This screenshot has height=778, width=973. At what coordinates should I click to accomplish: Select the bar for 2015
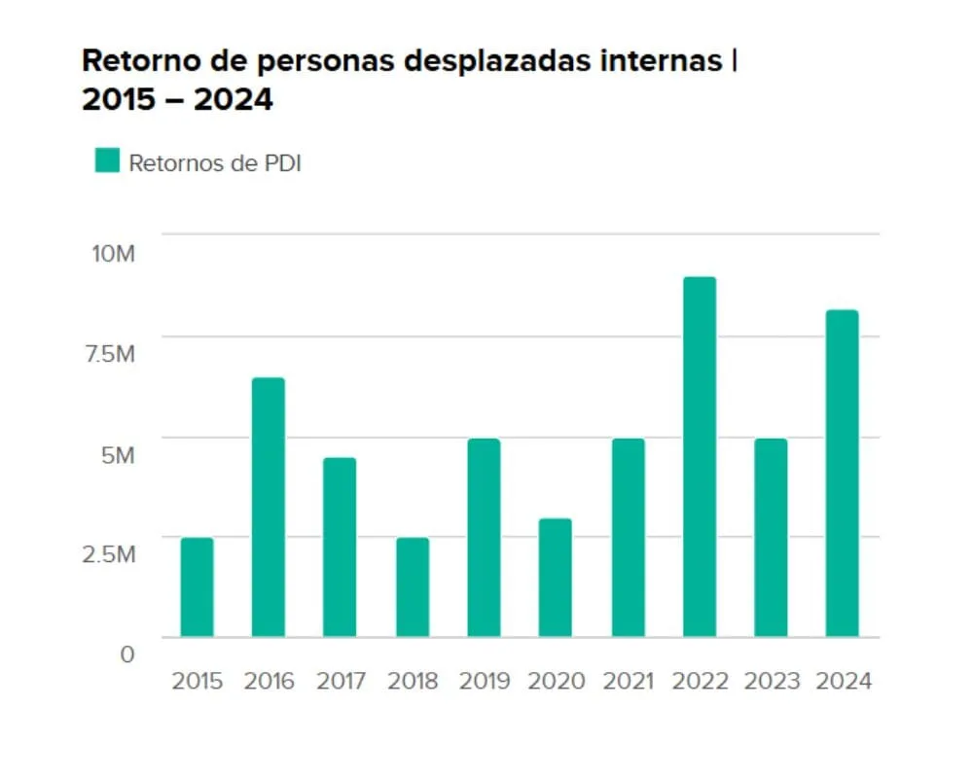click(197, 587)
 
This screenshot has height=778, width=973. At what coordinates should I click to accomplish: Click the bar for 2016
click(269, 507)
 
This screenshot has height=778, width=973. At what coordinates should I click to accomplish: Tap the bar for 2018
click(413, 587)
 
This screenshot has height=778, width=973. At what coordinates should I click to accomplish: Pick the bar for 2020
click(556, 578)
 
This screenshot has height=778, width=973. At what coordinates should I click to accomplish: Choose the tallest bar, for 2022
click(700, 457)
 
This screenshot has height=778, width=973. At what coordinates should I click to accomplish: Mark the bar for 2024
click(843, 474)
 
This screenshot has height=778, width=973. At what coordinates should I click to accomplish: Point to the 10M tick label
click(113, 254)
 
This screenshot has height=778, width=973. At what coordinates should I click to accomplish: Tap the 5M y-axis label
click(118, 454)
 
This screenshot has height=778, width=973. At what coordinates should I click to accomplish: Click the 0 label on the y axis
click(126, 654)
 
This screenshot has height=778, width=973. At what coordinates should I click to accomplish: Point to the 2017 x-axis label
click(341, 681)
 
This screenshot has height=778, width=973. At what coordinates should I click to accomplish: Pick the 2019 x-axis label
click(484, 681)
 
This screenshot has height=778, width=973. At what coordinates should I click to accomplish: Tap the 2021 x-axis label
click(628, 681)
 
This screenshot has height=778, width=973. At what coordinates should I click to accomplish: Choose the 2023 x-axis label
click(771, 681)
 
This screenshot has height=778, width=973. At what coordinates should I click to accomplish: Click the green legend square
click(107, 160)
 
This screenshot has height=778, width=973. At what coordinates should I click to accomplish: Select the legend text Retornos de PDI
click(215, 162)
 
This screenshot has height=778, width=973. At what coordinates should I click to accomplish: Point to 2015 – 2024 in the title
click(177, 99)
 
